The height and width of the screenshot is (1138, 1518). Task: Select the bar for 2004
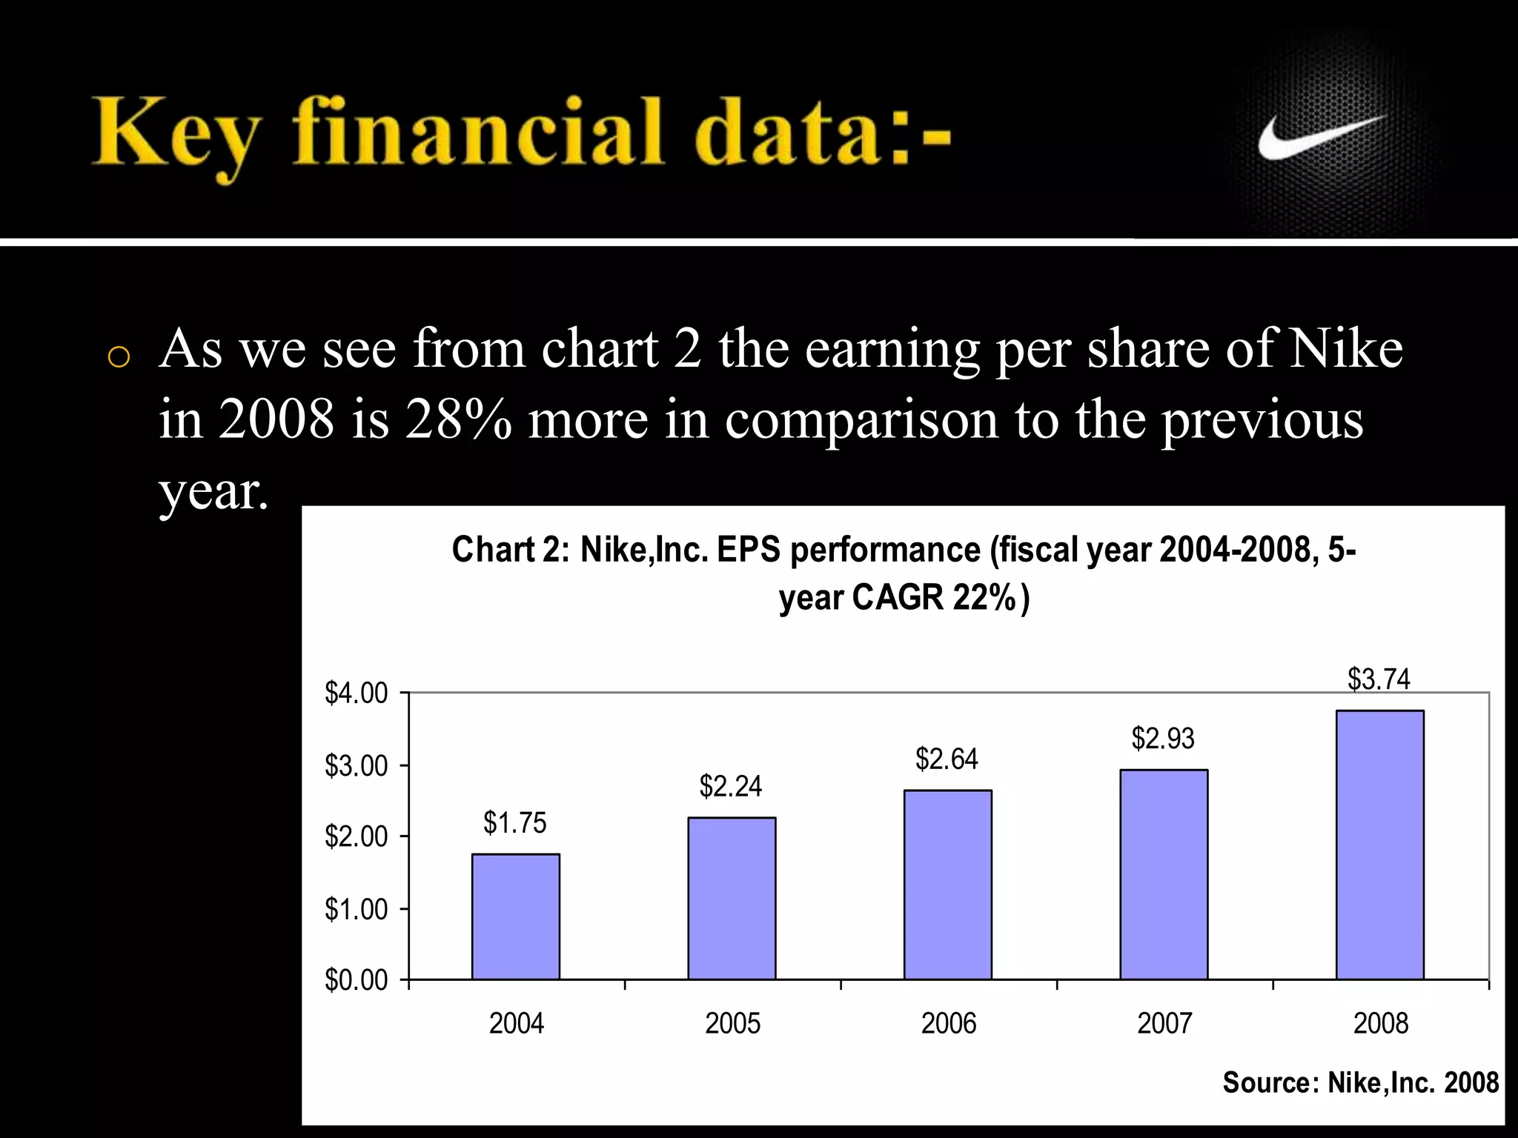516,916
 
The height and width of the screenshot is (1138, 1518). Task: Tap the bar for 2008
1379,845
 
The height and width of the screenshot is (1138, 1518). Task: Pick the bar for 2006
947,885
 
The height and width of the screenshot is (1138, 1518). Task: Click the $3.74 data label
1378,679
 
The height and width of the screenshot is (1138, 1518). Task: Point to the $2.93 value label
1162,738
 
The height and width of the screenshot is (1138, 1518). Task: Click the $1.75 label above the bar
514,822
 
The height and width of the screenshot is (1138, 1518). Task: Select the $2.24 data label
730,786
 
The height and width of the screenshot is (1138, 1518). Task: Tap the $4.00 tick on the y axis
356,693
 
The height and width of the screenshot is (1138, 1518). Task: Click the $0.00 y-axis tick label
356,979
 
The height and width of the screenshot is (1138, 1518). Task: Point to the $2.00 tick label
356,836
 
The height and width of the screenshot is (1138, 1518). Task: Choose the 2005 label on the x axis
732,1023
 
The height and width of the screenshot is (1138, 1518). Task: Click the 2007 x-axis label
1164,1023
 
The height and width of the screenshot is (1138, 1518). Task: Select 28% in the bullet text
458,419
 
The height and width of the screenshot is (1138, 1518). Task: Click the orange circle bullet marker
119,357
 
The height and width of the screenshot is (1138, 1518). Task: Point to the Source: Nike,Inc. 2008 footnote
1360,1082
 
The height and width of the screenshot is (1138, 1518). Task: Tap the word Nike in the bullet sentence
1345,348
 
